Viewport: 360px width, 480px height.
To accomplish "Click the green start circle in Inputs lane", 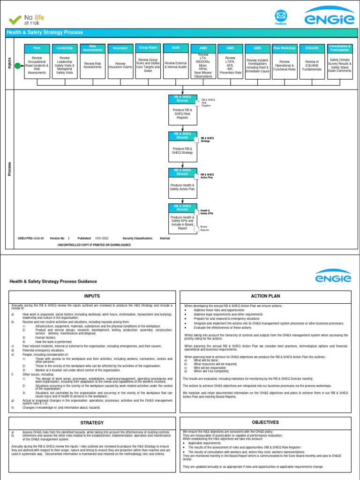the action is (x=17, y=66).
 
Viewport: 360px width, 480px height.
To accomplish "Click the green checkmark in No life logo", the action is (x=15, y=19).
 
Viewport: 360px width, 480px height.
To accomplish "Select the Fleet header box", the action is (x=37, y=48).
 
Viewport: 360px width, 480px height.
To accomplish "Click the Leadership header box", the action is (x=65, y=48).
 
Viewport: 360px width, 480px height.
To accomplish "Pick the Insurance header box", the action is (x=120, y=48).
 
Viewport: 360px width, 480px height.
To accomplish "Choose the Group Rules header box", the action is (x=148, y=47).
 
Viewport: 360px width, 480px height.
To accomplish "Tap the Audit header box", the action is (x=176, y=47).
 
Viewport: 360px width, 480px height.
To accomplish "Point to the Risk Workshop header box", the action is (x=285, y=48).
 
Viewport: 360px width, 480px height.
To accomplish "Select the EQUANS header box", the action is (x=312, y=48).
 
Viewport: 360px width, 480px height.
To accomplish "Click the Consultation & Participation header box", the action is (x=340, y=48).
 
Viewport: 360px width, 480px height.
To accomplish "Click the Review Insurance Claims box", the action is (x=120, y=65).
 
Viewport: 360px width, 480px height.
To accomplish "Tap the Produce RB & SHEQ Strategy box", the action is (x=182, y=150).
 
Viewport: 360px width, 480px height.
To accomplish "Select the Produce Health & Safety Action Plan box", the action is (x=182, y=187).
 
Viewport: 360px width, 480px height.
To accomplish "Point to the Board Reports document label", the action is (x=205, y=229).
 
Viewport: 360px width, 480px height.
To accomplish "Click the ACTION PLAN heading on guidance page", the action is (x=266, y=296).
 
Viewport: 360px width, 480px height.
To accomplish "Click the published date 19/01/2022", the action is (x=102, y=238).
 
